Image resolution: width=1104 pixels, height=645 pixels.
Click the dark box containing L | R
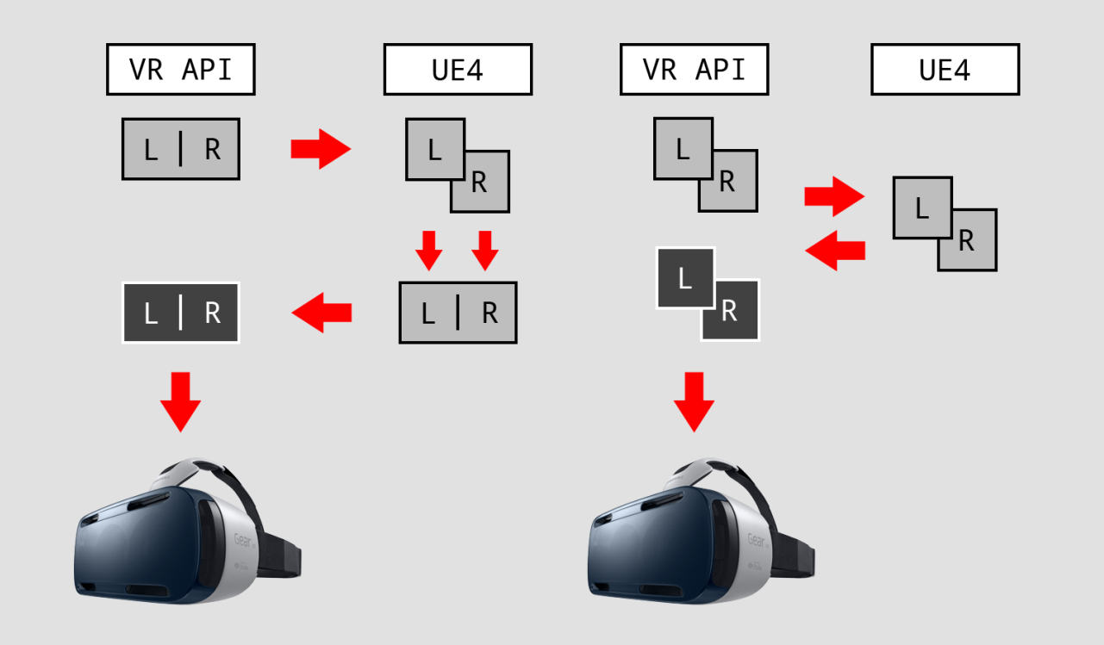[x=181, y=313]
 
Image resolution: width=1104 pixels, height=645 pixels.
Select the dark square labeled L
[x=685, y=278]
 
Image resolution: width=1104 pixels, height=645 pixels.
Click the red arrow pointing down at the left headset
[x=180, y=402]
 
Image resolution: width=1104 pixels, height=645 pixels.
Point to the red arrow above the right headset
[x=694, y=402]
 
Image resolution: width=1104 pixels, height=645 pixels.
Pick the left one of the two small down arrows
[x=429, y=251]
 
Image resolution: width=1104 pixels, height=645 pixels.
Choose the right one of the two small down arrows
[x=485, y=251]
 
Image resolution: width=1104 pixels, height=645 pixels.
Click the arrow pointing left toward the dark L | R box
[x=321, y=313]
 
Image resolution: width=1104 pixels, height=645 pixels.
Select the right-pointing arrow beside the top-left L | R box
[x=321, y=149]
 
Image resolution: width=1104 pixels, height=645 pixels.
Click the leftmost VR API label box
[x=181, y=70]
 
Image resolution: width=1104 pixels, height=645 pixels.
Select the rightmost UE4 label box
[x=945, y=70]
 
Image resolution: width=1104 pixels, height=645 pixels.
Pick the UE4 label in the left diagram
[x=458, y=70]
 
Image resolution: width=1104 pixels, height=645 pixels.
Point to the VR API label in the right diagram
[x=695, y=70]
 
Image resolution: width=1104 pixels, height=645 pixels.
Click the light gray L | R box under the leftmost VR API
[x=181, y=149]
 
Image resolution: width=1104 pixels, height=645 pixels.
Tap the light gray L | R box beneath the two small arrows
[x=458, y=313]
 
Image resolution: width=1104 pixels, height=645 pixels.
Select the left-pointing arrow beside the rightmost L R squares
[x=835, y=251]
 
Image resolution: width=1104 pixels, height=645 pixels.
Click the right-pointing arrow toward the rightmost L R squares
[x=834, y=196]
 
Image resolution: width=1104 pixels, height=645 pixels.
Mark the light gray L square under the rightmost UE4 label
[x=923, y=208]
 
